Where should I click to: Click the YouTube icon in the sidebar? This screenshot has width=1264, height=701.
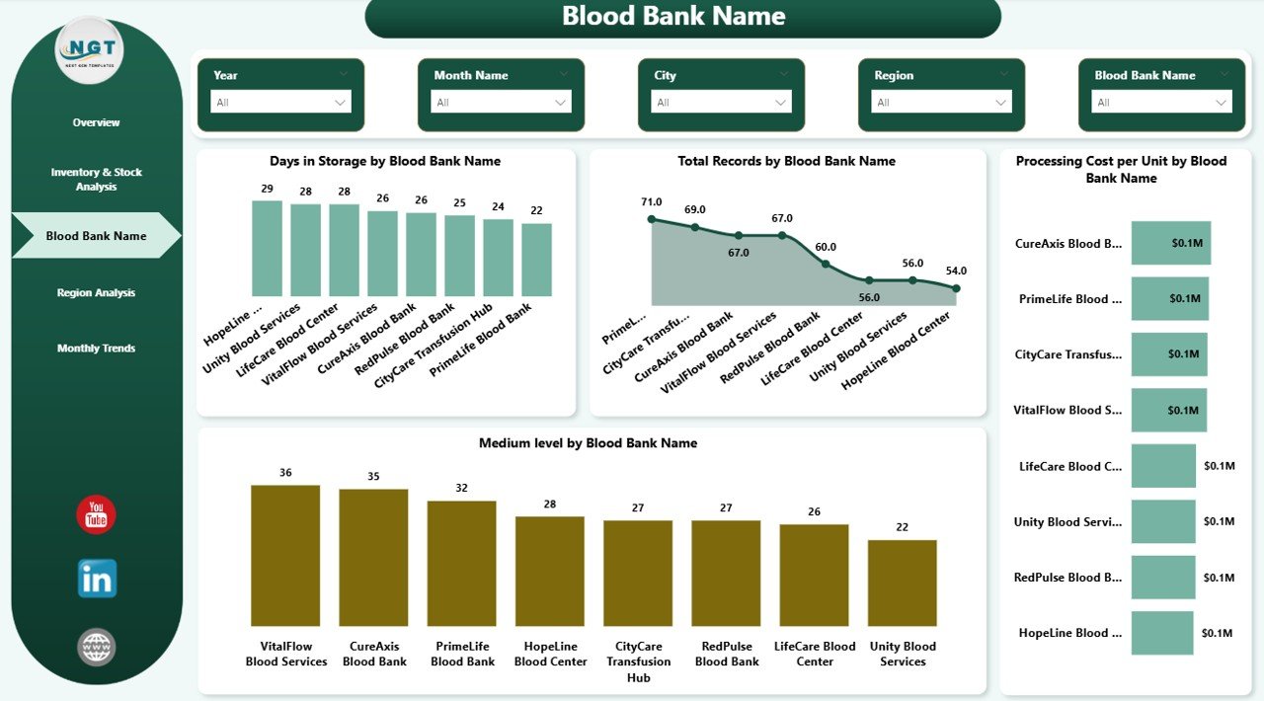coord(96,515)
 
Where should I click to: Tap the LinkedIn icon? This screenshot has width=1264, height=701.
coord(97,579)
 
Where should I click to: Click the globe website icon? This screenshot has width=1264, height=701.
coord(97,648)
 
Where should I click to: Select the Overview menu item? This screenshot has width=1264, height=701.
coord(96,122)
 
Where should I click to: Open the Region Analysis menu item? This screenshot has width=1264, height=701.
coord(96,292)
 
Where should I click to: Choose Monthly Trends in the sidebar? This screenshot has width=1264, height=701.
coord(96,349)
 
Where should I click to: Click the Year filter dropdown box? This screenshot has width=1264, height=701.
coord(280,102)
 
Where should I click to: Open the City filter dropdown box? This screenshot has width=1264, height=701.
coord(721,102)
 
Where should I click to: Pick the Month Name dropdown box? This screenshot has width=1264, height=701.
coord(501,102)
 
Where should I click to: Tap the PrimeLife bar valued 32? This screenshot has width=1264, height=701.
coord(461,562)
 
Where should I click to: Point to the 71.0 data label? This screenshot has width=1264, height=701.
coord(651,202)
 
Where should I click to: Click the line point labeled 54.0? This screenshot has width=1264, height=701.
coord(956,288)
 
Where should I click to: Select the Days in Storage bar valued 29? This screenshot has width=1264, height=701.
coord(267,248)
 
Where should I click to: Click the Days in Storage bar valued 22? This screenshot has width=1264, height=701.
coord(536,259)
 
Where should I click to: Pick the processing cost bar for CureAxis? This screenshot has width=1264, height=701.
coord(1170,243)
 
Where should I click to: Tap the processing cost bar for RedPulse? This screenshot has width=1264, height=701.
coord(1163,578)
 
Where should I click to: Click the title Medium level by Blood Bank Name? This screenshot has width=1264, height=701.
coord(588,443)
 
